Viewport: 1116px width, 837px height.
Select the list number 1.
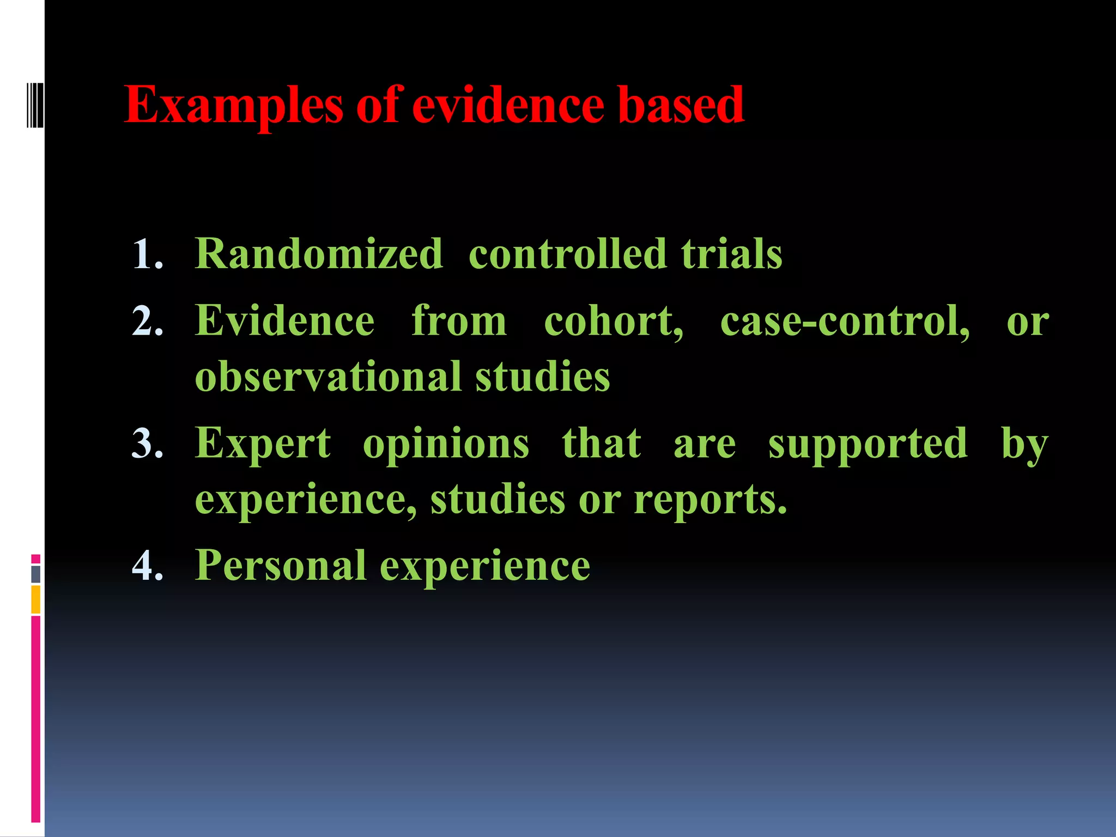pos(147,254)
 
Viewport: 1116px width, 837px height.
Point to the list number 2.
pos(147,321)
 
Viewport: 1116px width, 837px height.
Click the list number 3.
pos(147,443)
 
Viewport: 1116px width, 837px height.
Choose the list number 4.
pos(147,565)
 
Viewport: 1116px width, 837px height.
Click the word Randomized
pos(319,254)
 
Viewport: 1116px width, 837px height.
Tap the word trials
pos(731,254)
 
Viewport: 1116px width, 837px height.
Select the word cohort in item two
pos(613,321)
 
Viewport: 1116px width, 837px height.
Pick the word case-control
pos(845,321)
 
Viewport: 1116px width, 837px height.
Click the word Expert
pos(263,443)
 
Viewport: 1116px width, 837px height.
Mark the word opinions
pos(446,444)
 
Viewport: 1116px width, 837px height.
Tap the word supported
pos(868,444)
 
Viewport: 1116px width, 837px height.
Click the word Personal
pos(280,565)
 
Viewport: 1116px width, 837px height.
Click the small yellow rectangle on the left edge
pos(36,599)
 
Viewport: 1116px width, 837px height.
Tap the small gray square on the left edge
pos(36,574)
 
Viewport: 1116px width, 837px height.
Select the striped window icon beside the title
pos(34,104)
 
